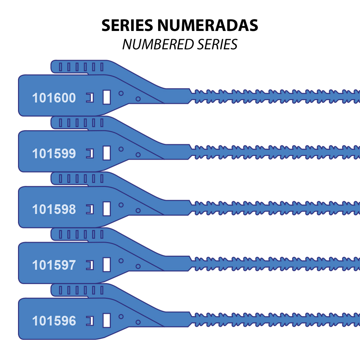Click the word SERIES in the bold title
tap(127, 25)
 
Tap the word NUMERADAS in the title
tap(208, 25)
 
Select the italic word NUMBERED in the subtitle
tap(158, 44)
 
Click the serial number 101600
tap(54, 98)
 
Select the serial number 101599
tap(54, 154)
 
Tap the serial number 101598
tap(54, 210)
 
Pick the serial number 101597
tap(54, 265)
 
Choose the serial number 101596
tap(54, 321)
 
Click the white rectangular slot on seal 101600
tap(107, 97)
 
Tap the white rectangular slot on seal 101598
tap(107, 208)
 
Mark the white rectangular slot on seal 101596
tap(107, 320)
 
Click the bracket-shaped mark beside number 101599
tap(90, 154)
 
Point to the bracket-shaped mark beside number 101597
tap(90, 265)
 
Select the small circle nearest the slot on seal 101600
tap(121, 93)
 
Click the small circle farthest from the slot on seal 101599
tap(138, 155)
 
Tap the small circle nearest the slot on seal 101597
tap(121, 261)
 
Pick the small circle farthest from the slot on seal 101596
tap(138, 322)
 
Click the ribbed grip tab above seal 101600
tap(80, 67)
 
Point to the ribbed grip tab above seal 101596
tap(80, 290)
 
